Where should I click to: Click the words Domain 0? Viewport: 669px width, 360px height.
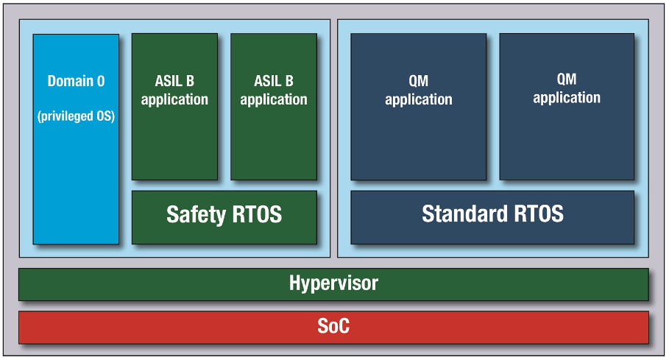coord(76,81)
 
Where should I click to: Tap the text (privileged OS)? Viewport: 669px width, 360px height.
coord(76,116)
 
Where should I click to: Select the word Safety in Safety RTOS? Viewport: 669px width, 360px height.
coord(196,214)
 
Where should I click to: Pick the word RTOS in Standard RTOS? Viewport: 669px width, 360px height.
coord(539,213)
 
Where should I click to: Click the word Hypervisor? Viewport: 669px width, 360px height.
coord(333,283)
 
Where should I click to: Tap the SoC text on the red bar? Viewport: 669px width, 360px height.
coord(333,326)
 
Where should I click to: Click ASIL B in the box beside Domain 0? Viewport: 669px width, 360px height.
coord(174,81)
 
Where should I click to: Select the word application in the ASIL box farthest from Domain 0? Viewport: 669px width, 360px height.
coord(274,100)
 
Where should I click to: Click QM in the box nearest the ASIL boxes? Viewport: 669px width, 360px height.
coord(419,81)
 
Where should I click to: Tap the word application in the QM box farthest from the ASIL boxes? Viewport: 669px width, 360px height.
coord(567,98)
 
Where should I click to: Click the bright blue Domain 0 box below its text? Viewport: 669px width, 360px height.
coord(76,183)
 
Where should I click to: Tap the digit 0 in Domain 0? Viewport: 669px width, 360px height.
coord(101,81)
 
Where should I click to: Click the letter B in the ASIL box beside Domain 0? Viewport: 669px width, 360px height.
coord(190,81)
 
